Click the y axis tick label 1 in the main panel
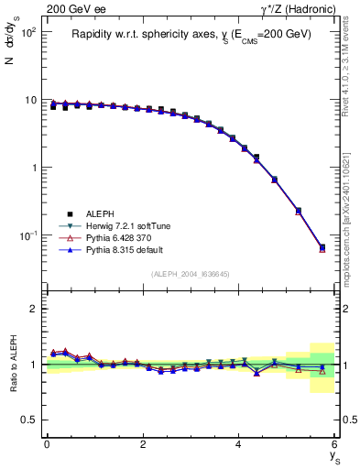(x=32, y=168)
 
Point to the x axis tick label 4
(x=239, y=444)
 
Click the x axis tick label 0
(x=47, y=444)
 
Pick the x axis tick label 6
(x=335, y=444)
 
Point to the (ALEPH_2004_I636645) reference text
(x=191, y=274)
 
